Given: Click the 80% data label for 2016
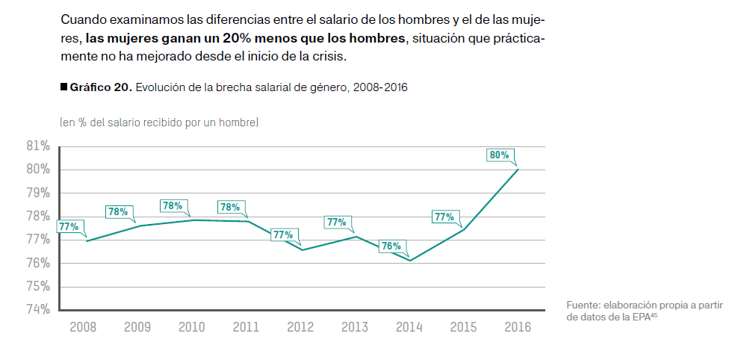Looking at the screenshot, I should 499,155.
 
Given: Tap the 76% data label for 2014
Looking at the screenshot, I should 391,246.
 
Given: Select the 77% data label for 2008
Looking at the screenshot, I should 69,226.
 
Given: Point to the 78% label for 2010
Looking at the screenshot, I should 173,205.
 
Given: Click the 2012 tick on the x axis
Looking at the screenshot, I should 300,327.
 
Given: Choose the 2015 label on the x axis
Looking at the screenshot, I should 463,327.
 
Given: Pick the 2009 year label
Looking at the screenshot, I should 137,327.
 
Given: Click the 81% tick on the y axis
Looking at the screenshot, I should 37,146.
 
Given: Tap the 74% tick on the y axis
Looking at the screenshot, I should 37,309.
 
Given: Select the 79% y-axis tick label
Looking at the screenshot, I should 37,193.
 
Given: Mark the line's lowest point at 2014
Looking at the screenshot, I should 410,261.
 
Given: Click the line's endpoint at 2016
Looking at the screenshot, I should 518,170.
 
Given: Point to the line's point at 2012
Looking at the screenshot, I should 301,249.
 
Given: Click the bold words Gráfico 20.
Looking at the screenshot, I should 101,87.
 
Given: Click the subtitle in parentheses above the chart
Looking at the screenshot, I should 158,122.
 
